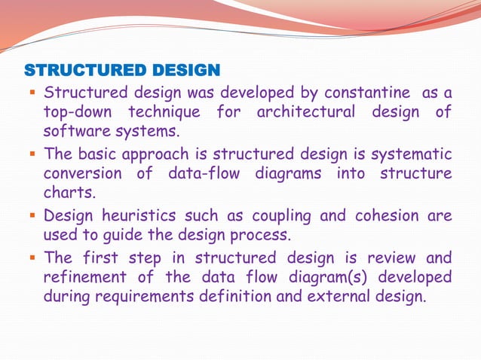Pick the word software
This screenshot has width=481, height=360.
[x=74, y=132]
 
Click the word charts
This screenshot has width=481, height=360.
[x=64, y=194]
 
